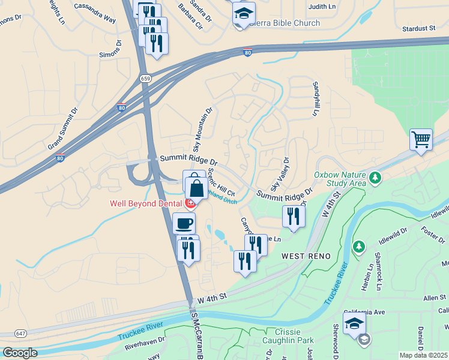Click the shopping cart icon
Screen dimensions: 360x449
421,140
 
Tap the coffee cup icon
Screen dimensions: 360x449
184,223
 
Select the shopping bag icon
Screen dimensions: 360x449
196,187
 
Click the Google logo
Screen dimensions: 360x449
20,353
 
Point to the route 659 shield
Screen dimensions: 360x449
145,78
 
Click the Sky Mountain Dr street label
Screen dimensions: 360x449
202,130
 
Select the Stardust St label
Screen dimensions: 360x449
418,28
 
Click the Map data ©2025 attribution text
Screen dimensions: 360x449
424,355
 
